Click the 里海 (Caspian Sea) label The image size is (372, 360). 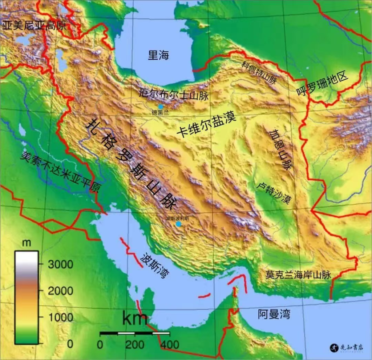pyautogui.click(x=159, y=55)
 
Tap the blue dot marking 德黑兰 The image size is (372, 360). pyautogui.click(x=161, y=107)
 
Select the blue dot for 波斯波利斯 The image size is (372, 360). pyautogui.click(x=178, y=224)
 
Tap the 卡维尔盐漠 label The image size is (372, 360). pyautogui.click(x=206, y=125)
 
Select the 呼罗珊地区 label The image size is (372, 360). pyautogui.click(x=323, y=84)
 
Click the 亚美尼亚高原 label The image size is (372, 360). pyautogui.click(x=35, y=25)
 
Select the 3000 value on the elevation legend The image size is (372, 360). pyautogui.click(x=61, y=264)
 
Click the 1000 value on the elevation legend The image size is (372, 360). pyautogui.click(x=61, y=317)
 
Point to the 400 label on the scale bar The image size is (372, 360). pyautogui.click(x=168, y=344)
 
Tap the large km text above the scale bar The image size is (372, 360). pyautogui.click(x=135, y=319)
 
